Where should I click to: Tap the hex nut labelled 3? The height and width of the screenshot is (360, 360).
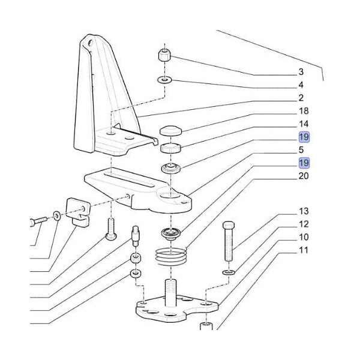(166, 56)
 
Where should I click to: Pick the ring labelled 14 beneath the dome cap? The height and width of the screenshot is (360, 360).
(170, 148)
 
